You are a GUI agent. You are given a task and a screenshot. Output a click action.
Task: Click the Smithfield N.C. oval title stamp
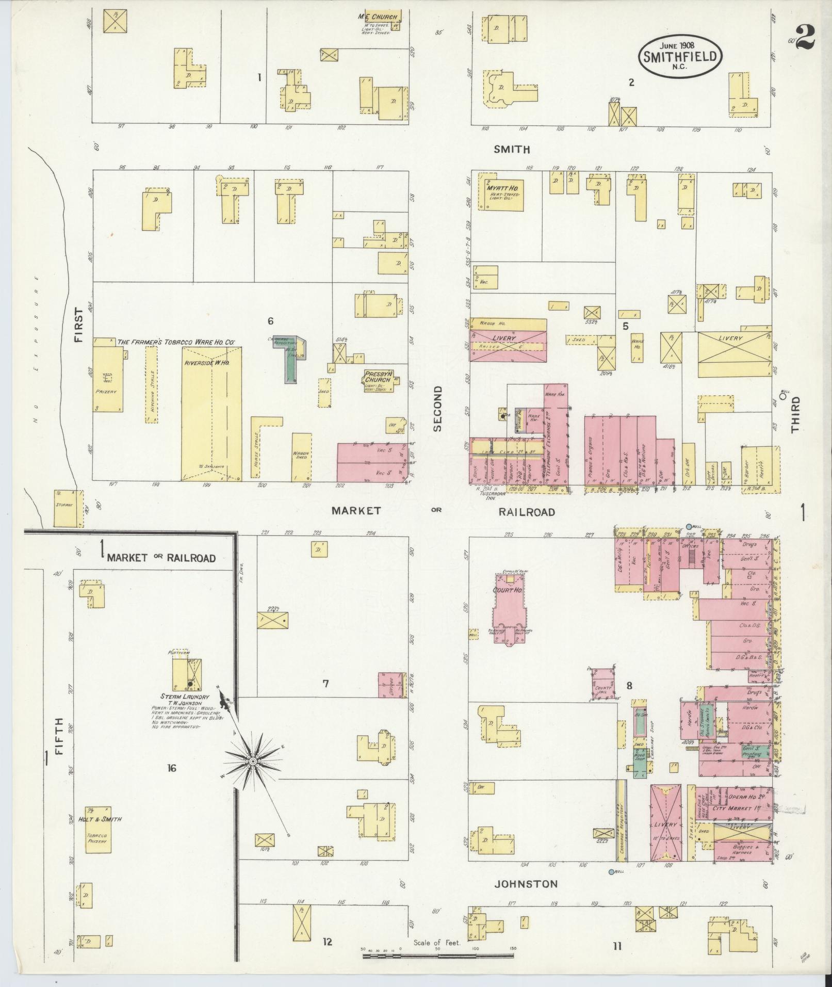680,56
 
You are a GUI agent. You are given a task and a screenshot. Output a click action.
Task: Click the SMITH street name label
512,150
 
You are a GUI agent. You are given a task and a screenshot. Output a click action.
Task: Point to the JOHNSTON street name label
526,884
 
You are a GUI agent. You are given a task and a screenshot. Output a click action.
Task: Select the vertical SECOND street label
438,408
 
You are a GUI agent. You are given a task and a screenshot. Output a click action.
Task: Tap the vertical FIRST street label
78,325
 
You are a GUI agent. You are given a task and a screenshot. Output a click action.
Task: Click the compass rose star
253,762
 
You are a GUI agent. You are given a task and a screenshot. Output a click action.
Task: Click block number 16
171,768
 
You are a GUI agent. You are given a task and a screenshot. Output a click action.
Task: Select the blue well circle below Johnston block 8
611,872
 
